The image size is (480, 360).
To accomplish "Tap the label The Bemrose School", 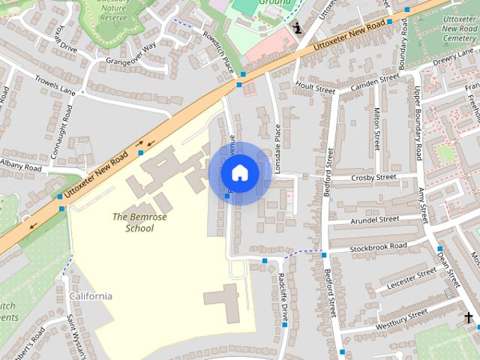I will (133, 222).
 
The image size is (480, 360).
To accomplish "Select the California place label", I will (91, 295).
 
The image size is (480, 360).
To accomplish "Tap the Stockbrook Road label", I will (378, 246).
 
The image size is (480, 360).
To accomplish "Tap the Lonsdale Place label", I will (277, 148).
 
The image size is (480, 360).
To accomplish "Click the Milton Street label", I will (377, 127).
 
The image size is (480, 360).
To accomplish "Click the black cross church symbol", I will (469, 318).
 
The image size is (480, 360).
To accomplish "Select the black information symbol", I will (298, 28).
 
